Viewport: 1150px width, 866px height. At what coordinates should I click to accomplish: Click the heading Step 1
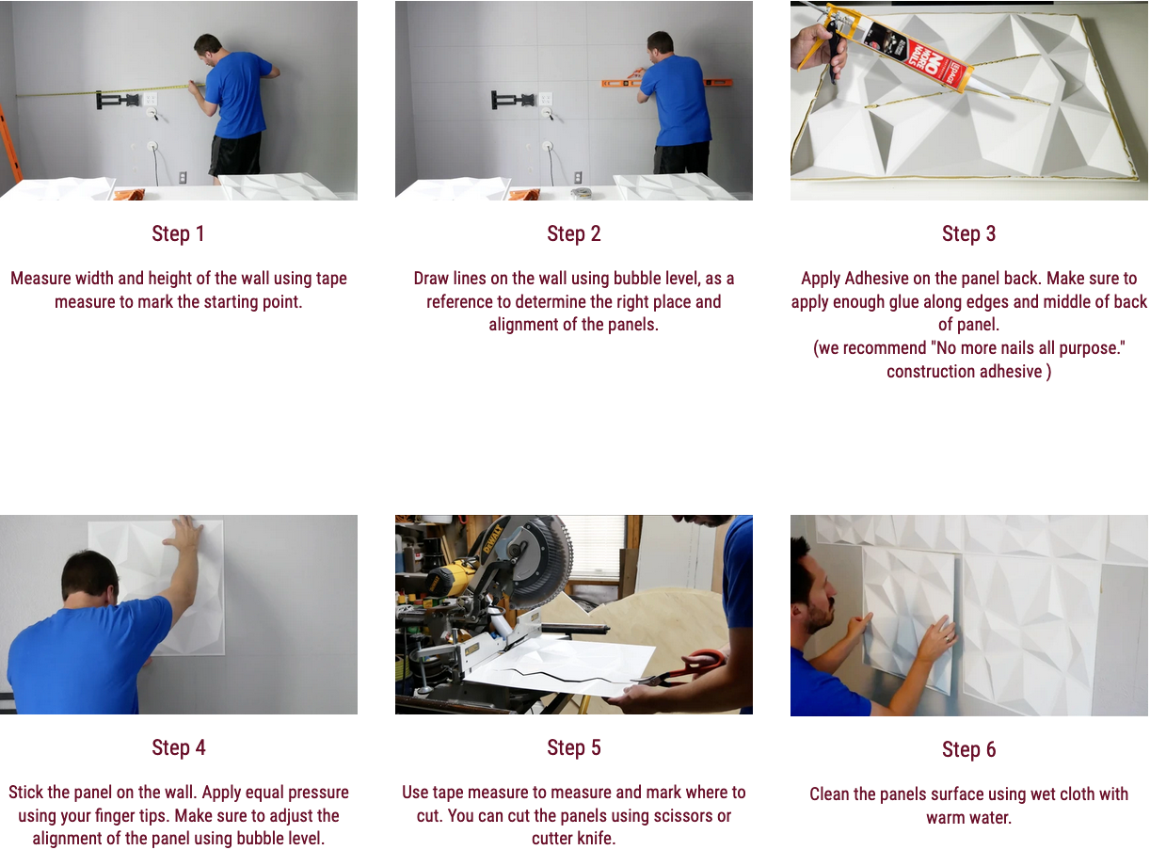point(178,233)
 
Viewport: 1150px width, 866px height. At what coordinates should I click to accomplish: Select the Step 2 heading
point(574,233)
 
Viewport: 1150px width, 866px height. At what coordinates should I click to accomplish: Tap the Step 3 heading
point(968,233)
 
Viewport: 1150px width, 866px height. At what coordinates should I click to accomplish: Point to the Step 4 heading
point(178,747)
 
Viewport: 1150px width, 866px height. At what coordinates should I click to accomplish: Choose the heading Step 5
point(574,747)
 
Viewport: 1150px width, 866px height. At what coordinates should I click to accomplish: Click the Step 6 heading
point(968,749)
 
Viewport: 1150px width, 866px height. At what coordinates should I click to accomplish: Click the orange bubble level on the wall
point(665,82)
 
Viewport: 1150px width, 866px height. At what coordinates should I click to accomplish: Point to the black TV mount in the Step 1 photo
point(118,100)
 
